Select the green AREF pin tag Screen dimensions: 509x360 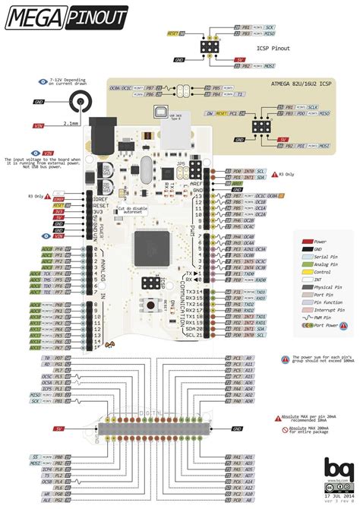237,183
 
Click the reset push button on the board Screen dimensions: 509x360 154,305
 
